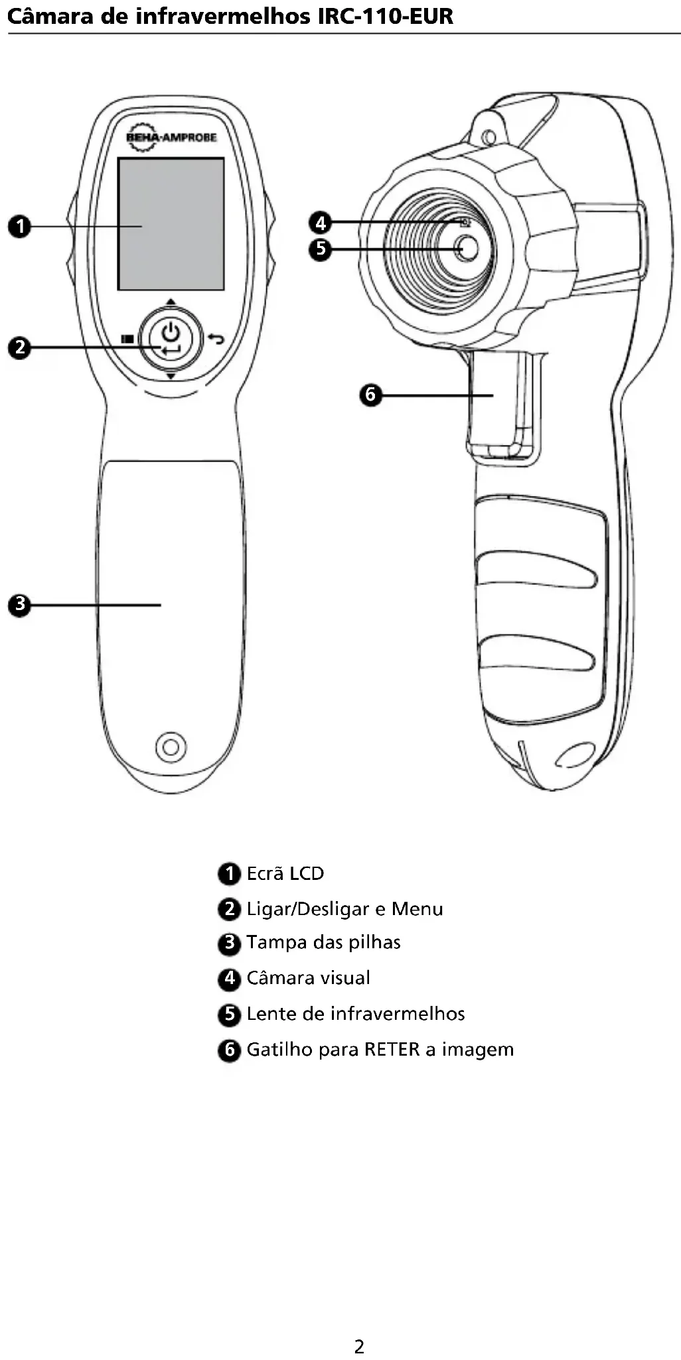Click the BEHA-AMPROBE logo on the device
pyautogui.click(x=171, y=137)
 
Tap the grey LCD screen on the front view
pyautogui.click(x=171, y=223)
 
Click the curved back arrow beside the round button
pyautogui.click(x=216, y=339)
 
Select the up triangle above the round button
pyautogui.click(x=171, y=302)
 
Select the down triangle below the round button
pyautogui.click(x=171, y=376)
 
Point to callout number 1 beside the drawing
pyautogui.click(x=20, y=226)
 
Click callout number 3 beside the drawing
pyautogui.click(x=20, y=605)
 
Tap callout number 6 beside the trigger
pyautogui.click(x=370, y=395)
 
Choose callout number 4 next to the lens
pyautogui.click(x=321, y=222)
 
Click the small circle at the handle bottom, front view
pyautogui.click(x=171, y=747)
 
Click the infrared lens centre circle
pyautogui.click(x=467, y=248)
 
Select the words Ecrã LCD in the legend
pyautogui.click(x=285, y=873)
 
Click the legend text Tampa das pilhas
pyautogui.click(x=323, y=942)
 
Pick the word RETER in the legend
pyautogui.click(x=392, y=1050)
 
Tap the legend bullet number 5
pyautogui.click(x=229, y=1014)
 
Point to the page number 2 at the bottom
pyautogui.click(x=359, y=1347)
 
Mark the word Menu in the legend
pyautogui.click(x=417, y=908)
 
